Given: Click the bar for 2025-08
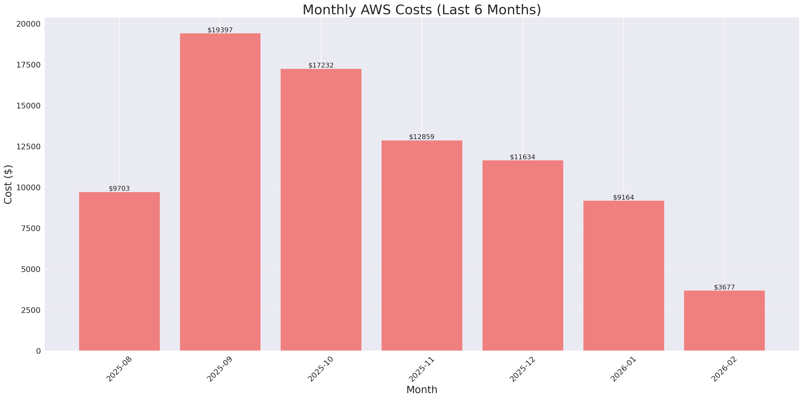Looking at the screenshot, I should pyautogui.click(x=119, y=271).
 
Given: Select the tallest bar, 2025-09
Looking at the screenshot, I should pyautogui.click(x=220, y=192).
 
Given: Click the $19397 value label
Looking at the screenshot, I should pyautogui.click(x=220, y=30).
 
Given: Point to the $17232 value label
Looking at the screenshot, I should pyautogui.click(x=321, y=65).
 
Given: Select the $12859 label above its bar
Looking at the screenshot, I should pyautogui.click(x=421, y=137).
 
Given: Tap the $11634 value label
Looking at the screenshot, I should pyautogui.click(x=522, y=157).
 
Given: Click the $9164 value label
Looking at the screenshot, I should pyautogui.click(x=624, y=197).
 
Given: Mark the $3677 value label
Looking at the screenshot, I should pyautogui.click(x=724, y=287).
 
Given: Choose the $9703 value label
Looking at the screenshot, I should pyautogui.click(x=119, y=189).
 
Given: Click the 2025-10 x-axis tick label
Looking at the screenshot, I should pyautogui.click(x=321, y=369).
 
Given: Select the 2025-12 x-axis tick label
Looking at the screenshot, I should pyautogui.click(x=522, y=369).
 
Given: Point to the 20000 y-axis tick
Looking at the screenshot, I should pyautogui.click(x=28, y=24).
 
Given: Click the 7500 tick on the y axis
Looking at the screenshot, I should pyautogui.click(x=31, y=228).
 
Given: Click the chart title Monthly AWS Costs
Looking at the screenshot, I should pyautogui.click(x=421, y=10).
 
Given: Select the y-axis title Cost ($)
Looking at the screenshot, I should pyautogui.click(x=8, y=184).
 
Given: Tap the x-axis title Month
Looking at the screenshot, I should pyautogui.click(x=421, y=390).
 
